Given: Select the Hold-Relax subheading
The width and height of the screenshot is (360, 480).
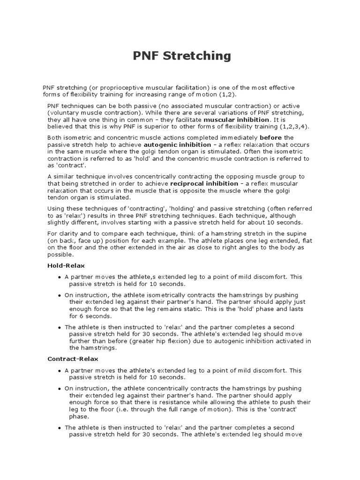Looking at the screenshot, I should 66,265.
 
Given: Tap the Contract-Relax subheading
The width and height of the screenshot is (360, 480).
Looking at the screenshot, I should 73,359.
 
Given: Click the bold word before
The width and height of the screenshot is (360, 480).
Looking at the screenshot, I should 270,138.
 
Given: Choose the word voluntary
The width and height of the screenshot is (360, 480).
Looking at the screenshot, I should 64,113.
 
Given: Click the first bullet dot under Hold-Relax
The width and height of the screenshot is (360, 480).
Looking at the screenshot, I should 60,277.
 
